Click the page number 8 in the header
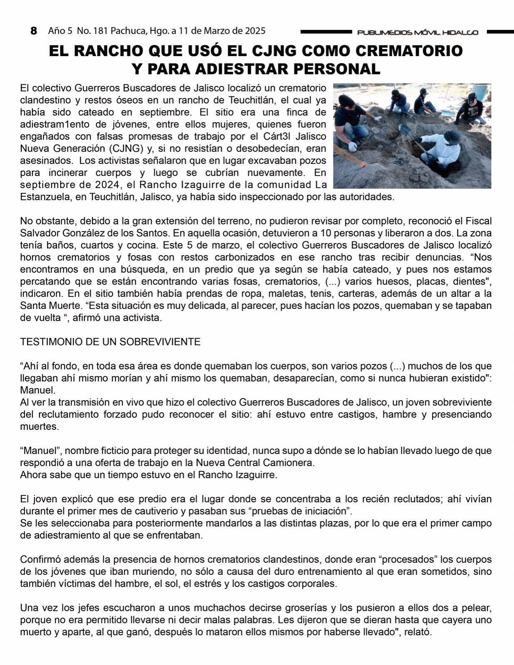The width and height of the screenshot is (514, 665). click(x=34, y=31)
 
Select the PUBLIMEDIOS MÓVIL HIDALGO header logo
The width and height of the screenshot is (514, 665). click(x=418, y=32)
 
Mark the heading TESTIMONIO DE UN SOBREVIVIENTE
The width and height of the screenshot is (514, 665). click(x=110, y=342)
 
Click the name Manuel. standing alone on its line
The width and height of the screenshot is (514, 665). click(x=37, y=391)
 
